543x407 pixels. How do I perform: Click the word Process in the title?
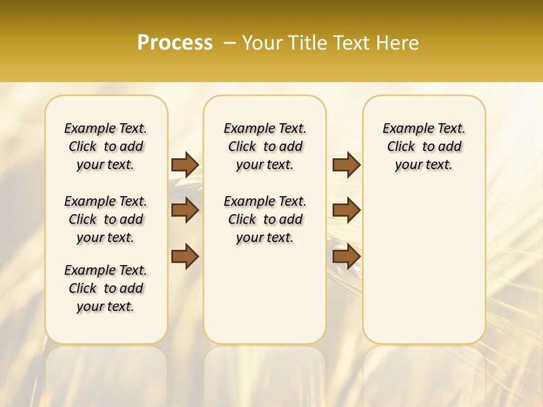click(175, 43)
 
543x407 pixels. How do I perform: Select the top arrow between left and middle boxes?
click(185, 164)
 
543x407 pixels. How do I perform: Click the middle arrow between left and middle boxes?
click(185, 211)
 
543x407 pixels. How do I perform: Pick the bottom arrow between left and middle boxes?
click(185, 257)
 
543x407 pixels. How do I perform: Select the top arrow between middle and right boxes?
click(346, 164)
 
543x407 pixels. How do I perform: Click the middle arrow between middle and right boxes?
click(346, 211)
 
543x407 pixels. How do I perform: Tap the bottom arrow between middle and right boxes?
click(346, 257)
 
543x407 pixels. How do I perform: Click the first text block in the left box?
click(106, 146)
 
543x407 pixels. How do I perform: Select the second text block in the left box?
click(106, 219)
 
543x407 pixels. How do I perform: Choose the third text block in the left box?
click(106, 288)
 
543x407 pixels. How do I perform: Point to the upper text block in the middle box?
click(265, 146)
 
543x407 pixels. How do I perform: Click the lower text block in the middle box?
click(265, 219)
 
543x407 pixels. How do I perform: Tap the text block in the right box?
click(424, 146)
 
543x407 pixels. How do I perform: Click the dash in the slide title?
click(229, 43)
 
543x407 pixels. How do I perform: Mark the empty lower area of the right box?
click(424, 271)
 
